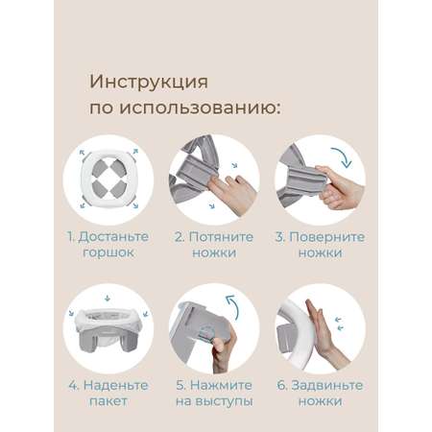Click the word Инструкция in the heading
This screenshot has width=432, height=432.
149,83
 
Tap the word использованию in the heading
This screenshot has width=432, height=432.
201,108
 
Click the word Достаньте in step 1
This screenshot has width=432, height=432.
113,237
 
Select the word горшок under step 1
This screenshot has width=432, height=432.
108,252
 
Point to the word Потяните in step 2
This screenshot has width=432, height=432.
221,237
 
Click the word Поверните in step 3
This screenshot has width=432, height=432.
326,237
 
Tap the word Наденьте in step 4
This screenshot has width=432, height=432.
115,385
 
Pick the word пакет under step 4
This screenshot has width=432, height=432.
108,401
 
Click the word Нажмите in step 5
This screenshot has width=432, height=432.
221,385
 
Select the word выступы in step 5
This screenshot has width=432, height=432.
224,401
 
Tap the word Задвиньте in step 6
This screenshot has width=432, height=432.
327,385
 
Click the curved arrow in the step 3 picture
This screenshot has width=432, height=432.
343,156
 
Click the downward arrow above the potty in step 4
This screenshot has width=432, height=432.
108,299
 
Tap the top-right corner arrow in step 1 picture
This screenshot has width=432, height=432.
135,151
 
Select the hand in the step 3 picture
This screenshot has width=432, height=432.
339,187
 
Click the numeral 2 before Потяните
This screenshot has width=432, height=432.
179,237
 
